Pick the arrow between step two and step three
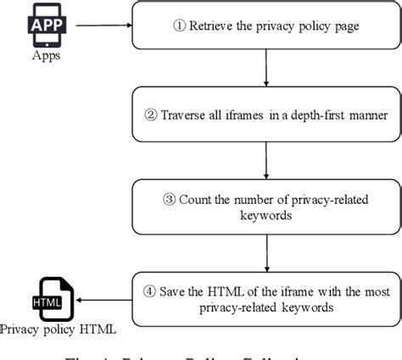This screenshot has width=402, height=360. (x=265, y=161)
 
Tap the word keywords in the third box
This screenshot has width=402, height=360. (x=265, y=216)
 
